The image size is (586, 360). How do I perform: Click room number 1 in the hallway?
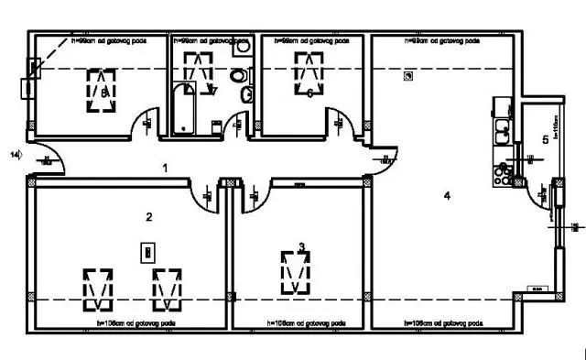pyautogui.click(x=165, y=168)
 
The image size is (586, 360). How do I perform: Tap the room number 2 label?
pyautogui.click(x=148, y=216)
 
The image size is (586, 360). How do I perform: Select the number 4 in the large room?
pyautogui.click(x=447, y=194)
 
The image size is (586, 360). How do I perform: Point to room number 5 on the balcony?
pyautogui.click(x=545, y=139)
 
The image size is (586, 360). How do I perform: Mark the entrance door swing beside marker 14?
pyautogui.click(x=54, y=159)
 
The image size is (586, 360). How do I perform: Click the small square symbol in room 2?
pyautogui.click(x=144, y=250)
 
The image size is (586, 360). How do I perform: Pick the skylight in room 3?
pyautogui.click(x=294, y=271)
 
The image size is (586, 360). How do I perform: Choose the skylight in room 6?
pyautogui.click(x=308, y=70)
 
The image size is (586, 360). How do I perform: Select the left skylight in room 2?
pyautogui.click(x=97, y=289)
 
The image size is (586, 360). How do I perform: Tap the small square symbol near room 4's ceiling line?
pyautogui.click(x=407, y=80)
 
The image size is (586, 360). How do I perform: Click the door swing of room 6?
pyautogui.click(x=343, y=122)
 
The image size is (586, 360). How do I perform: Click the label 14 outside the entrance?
pyautogui.click(x=15, y=154)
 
